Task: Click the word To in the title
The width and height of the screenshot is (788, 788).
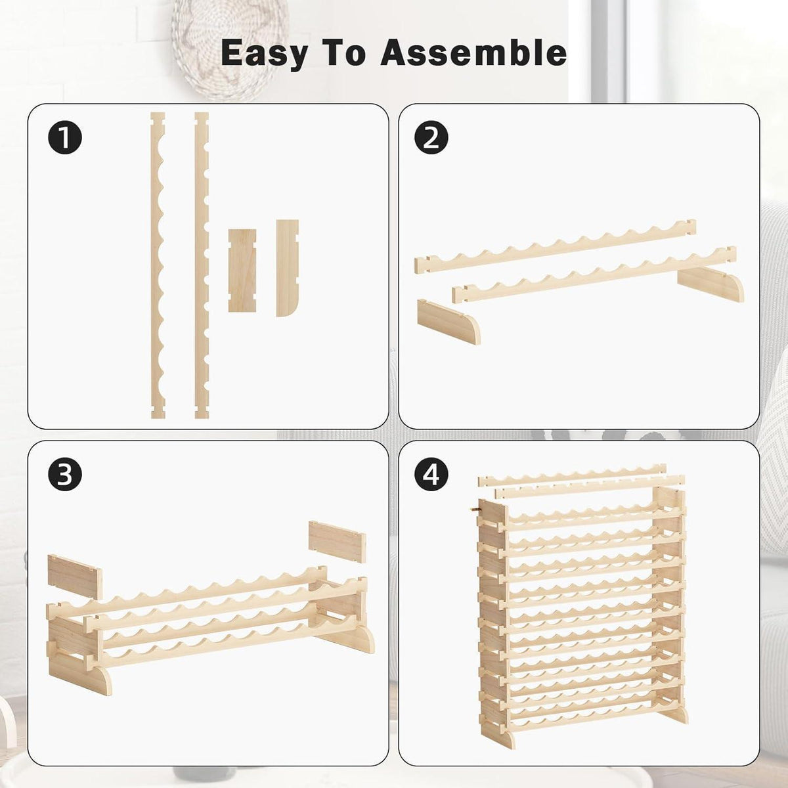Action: tap(344, 53)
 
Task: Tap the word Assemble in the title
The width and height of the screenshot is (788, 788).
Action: tap(473, 53)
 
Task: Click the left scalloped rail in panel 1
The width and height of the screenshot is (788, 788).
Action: tap(158, 265)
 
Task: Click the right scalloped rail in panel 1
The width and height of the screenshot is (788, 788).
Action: tap(202, 265)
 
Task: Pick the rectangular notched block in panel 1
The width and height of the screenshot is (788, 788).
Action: tap(242, 271)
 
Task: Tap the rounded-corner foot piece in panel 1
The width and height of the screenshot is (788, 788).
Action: tap(287, 268)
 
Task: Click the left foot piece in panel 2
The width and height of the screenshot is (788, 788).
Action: tap(449, 322)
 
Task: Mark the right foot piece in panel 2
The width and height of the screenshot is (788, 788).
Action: tap(711, 284)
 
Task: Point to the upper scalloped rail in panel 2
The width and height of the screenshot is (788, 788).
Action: tap(555, 246)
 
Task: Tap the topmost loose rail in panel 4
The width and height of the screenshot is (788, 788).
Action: tap(572, 474)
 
